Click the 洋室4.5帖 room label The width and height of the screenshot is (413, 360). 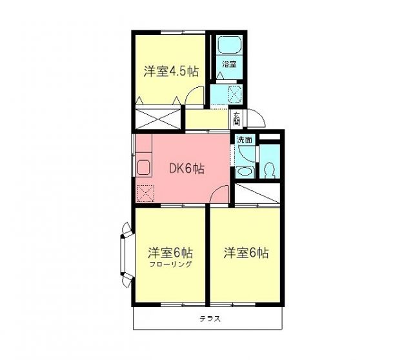(170, 72)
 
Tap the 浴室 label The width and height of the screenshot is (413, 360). (229, 64)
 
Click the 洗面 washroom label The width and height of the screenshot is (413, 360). (244, 139)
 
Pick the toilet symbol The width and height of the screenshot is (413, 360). (270, 170)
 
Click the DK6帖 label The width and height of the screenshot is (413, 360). (187, 169)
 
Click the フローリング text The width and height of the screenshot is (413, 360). (171, 265)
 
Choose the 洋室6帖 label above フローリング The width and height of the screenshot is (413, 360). (171, 252)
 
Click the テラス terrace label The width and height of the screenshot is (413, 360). (208, 319)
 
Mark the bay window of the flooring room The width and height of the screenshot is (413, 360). (125, 254)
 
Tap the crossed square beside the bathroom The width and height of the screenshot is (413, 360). (235, 94)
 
